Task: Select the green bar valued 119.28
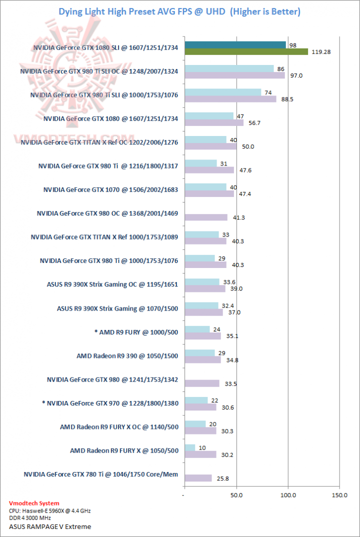(x=246, y=51)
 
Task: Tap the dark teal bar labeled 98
(x=235, y=45)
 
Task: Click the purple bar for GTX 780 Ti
(x=198, y=478)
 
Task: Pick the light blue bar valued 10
(x=190, y=447)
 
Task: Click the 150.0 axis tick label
(x=340, y=495)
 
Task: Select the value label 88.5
(x=287, y=99)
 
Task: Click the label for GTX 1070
(x=111, y=189)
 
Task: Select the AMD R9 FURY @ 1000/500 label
(x=133, y=332)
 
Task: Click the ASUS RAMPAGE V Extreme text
(x=50, y=526)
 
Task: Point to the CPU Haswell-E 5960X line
(x=50, y=511)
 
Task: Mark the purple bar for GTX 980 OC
(x=206, y=217)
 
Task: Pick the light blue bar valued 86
(x=229, y=68)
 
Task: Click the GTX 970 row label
(x=110, y=403)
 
